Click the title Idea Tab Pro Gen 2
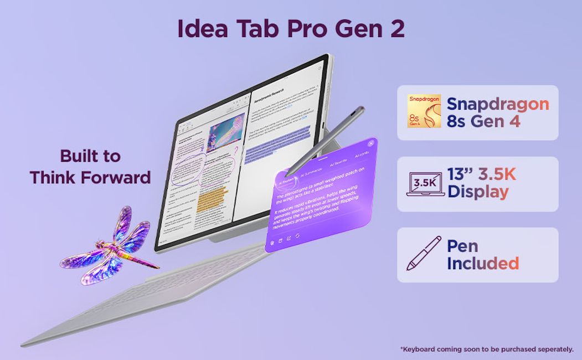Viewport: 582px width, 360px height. coord(291,29)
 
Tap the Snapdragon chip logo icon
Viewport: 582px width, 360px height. coord(424,112)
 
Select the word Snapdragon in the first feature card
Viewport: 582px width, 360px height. coord(497,104)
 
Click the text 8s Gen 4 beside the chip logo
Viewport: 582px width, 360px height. coord(483,122)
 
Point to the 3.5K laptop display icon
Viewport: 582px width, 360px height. coord(425,184)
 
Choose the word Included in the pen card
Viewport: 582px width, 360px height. coord(483,263)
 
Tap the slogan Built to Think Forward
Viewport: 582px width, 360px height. coord(90,166)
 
